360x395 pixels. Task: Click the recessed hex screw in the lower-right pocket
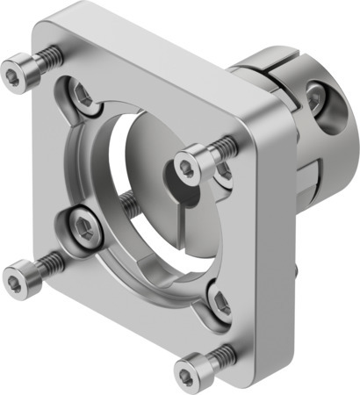pyautogui.click(x=221, y=303)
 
